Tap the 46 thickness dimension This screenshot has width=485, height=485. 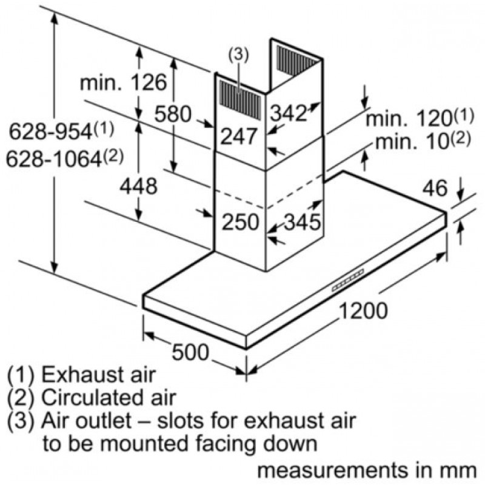(x=434, y=189)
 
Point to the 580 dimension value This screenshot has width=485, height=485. (x=173, y=113)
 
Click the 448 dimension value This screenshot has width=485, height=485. (x=138, y=186)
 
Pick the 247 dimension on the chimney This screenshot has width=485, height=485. (x=238, y=136)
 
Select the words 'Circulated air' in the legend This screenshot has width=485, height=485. (x=109, y=398)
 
